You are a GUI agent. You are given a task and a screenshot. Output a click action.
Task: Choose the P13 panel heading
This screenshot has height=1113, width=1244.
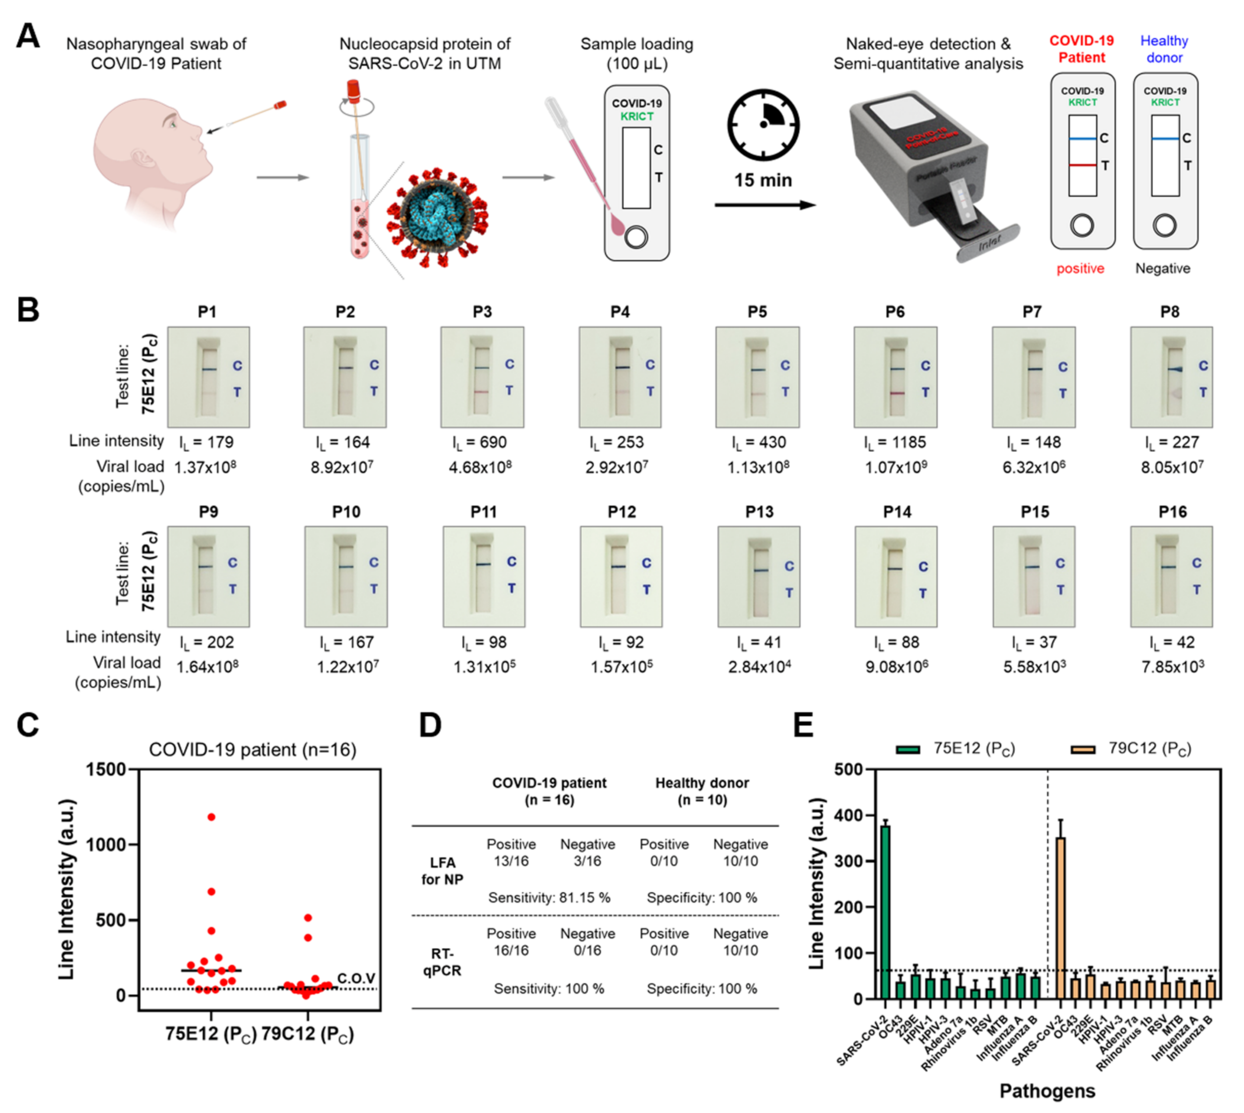(759, 512)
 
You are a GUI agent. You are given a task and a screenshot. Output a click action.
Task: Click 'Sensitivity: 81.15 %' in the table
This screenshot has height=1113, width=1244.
(549, 898)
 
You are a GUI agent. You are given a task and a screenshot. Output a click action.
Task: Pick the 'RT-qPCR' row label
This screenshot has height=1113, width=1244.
(442, 962)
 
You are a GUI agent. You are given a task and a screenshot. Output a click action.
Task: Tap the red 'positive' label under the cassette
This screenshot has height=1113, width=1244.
(1080, 269)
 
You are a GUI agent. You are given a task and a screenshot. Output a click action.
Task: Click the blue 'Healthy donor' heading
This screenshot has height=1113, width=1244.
(1164, 49)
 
